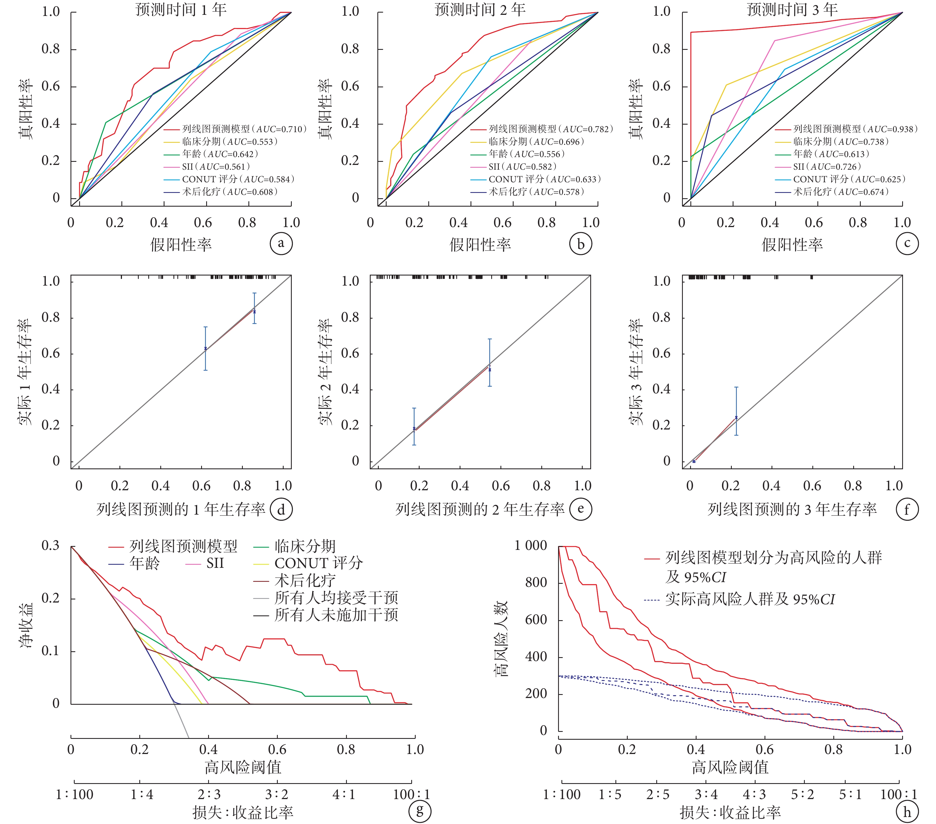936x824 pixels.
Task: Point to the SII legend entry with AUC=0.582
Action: coord(523,167)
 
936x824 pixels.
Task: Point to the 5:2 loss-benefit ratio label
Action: coord(802,794)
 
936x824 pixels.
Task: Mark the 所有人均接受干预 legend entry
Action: coord(336,597)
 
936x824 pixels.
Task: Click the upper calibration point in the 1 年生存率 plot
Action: coord(255,312)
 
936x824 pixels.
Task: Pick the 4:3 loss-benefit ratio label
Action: coord(754,794)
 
